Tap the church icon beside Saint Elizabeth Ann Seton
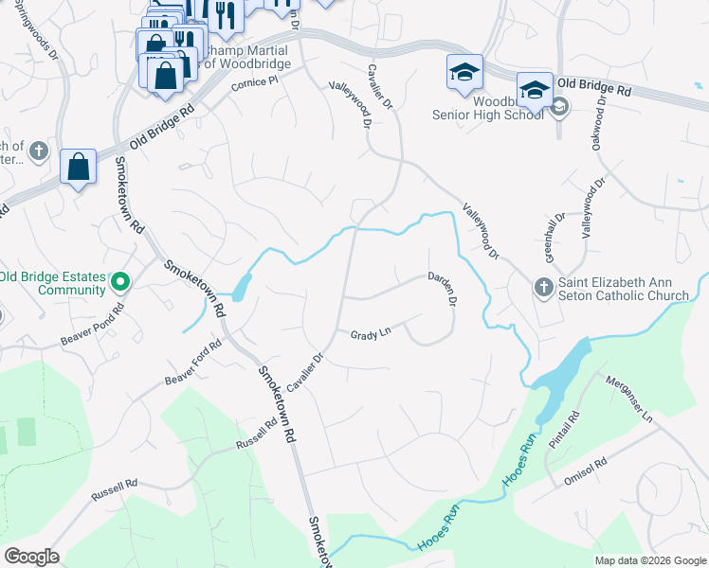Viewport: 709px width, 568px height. click(543, 286)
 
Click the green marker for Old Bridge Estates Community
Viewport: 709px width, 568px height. click(120, 281)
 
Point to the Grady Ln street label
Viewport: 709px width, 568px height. click(371, 335)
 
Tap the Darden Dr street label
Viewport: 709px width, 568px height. click(443, 289)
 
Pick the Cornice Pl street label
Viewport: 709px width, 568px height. click(254, 85)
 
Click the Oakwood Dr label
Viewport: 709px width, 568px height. click(597, 126)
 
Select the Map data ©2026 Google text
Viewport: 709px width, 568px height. click(649, 560)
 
